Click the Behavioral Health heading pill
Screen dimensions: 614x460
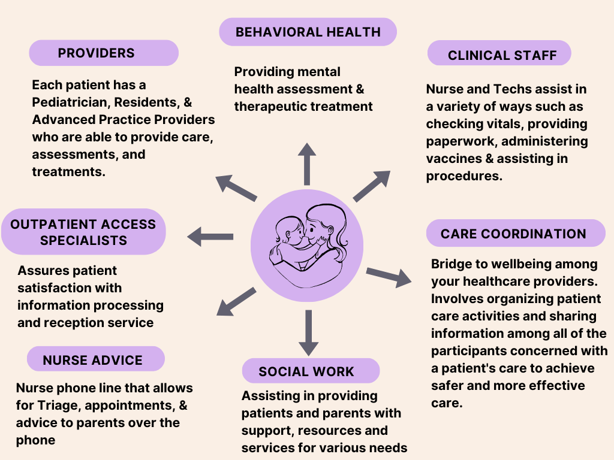point(308,32)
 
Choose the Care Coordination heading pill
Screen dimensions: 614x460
point(516,233)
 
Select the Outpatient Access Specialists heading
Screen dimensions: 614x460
point(83,232)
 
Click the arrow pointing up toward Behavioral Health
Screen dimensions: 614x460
point(307,164)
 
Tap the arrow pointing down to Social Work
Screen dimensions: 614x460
point(309,333)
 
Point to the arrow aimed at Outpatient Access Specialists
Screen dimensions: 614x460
point(210,237)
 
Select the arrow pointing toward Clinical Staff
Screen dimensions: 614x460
point(372,186)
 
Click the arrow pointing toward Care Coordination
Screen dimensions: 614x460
point(389,277)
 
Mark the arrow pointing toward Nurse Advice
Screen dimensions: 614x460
point(236,302)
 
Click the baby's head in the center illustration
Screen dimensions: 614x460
point(289,231)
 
